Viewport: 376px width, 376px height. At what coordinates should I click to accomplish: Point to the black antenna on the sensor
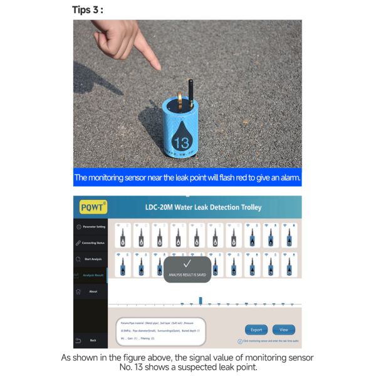click(189, 91)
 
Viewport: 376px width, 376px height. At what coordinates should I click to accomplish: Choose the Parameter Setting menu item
click(91, 226)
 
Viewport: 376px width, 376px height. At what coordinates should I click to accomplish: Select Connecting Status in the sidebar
click(91, 243)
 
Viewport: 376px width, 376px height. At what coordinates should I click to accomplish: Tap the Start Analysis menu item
click(91, 259)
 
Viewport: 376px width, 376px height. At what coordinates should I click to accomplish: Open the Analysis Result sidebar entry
click(91, 275)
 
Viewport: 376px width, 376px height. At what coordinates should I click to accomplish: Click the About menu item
click(91, 291)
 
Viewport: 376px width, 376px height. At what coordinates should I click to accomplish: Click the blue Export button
click(256, 330)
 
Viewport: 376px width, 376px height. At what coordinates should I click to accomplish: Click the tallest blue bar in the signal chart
click(200, 301)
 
